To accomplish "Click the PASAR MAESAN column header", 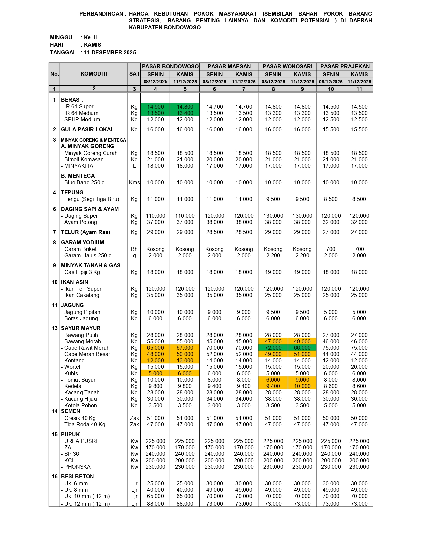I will coord(229,66).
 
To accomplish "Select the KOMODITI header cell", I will coord(94,74).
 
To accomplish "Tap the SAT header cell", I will coord(134,74).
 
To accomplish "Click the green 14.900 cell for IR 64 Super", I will coord(155,107).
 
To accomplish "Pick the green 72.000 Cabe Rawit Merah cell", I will coord(273,348).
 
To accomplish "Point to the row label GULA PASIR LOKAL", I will coord(87,129).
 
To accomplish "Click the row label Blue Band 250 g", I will coord(84,182).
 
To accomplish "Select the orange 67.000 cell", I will coord(185,348).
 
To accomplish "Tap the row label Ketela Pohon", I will coord(80,405).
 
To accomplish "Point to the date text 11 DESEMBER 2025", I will coord(110,52).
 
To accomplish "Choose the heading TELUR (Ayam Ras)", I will coord(85,232).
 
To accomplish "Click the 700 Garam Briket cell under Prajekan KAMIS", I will coord(359,249).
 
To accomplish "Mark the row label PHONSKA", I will coord(77,467).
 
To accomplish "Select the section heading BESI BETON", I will coord(77,476).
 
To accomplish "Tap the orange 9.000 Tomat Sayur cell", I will coord(302,380).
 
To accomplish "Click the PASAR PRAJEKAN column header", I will coord(345,66).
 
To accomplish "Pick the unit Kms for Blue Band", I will coord(134,182).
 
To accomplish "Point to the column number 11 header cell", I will coord(359,89).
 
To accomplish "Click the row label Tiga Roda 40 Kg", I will coord(85,424).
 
